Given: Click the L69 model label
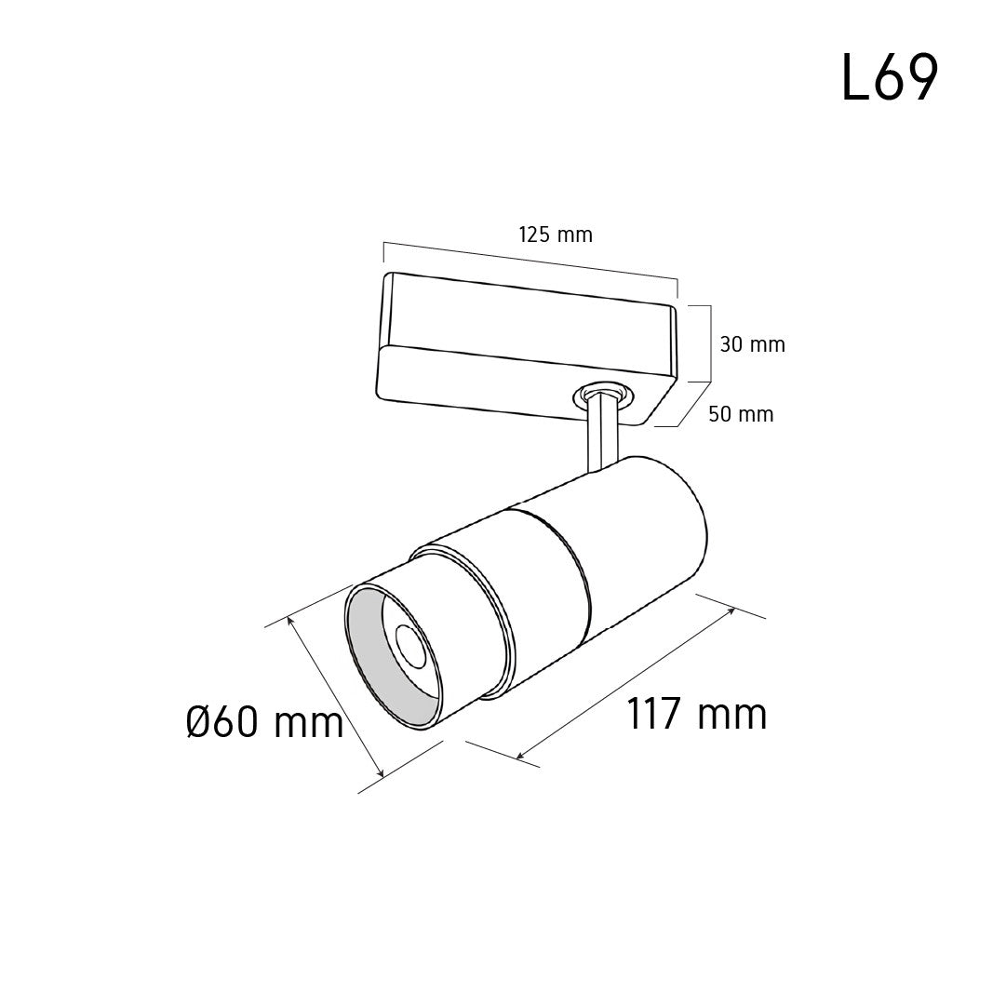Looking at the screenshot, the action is [x=890, y=76].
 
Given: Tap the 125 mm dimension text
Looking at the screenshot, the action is [x=556, y=235].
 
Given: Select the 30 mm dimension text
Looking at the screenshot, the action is [x=753, y=344].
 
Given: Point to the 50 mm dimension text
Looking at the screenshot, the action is [x=741, y=414].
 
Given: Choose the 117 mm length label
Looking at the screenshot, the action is [x=696, y=714].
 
